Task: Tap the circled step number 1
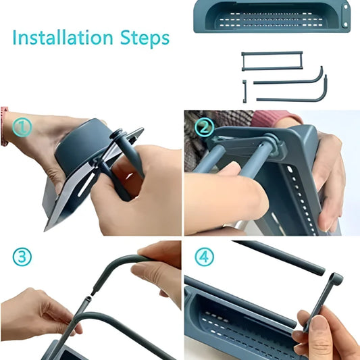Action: click(x=22, y=126)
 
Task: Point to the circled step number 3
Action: click(x=22, y=257)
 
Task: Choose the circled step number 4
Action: click(x=204, y=257)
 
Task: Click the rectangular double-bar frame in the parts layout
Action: click(x=272, y=60)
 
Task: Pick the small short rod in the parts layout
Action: click(x=244, y=89)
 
